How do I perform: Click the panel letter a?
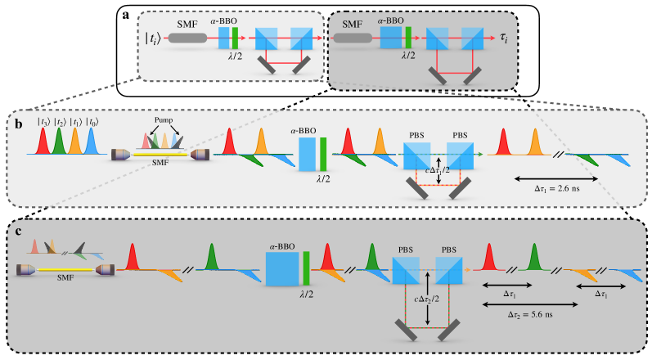pyautogui.click(x=124, y=15)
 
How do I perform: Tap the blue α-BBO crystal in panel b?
pyautogui.click(x=306, y=153)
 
